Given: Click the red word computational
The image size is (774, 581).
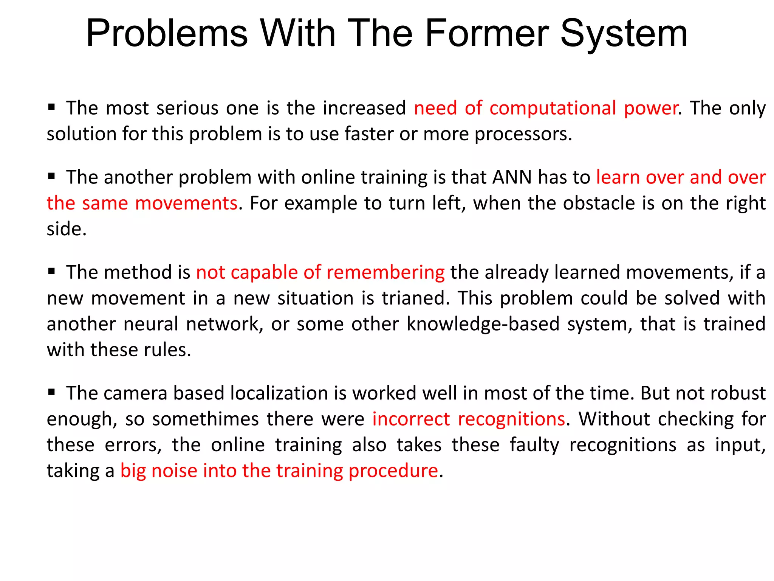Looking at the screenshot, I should (553, 108).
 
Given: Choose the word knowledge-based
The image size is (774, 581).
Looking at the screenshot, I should (483, 324).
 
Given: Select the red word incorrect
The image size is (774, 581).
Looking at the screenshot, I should (411, 419).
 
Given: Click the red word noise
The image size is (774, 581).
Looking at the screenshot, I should (174, 471).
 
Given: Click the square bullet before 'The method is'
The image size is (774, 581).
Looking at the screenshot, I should (52, 271).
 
